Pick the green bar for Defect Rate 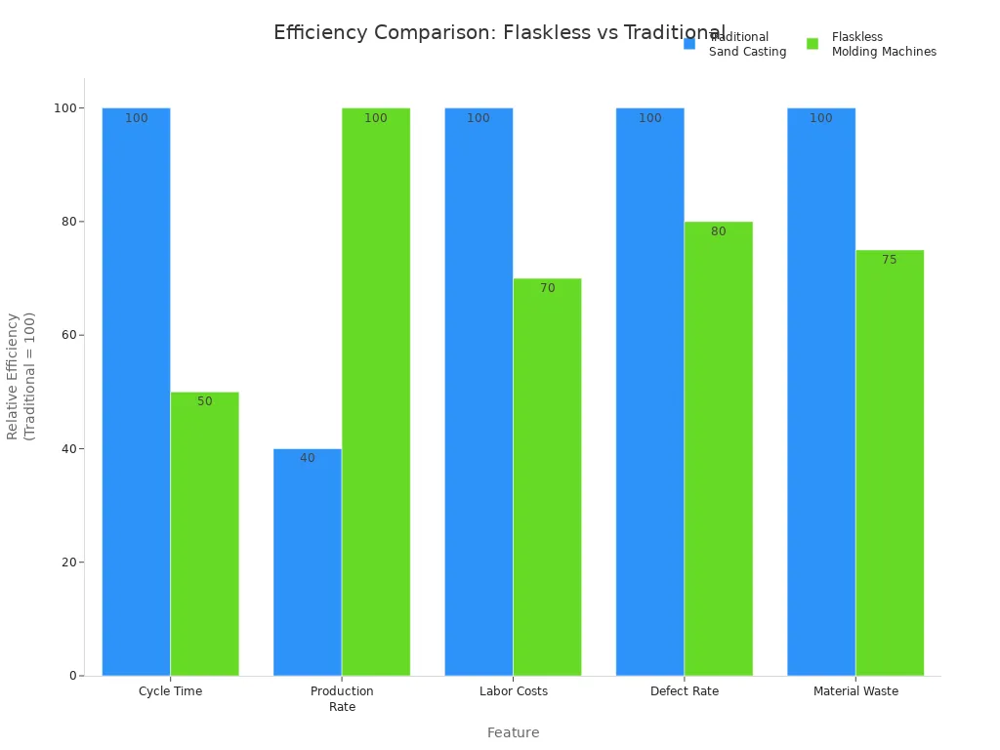(718, 448)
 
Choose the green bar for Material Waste (889, 463)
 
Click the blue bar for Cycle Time (136, 391)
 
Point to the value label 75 (889, 260)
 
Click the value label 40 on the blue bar (307, 458)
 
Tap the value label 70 (547, 288)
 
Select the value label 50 (204, 401)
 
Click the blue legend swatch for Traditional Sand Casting (689, 44)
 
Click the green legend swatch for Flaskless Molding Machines (812, 44)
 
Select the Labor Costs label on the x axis (514, 691)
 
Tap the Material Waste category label (855, 691)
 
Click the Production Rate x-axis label (342, 698)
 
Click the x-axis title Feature (513, 732)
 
